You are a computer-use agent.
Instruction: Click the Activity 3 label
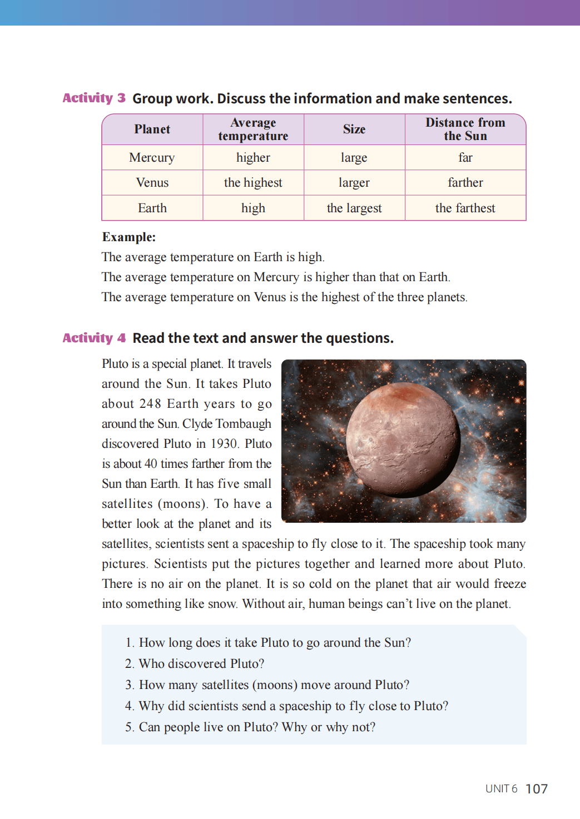click(93, 98)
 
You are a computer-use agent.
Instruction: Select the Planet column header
click(152, 129)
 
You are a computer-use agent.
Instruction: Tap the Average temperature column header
click(253, 129)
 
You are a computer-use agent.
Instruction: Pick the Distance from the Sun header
click(465, 129)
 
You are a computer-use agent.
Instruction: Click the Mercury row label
click(152, 158)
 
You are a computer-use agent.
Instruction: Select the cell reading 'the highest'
click(253, 183)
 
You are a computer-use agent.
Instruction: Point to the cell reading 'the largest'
click(354, 208)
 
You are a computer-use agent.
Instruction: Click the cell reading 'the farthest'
click(465, 208)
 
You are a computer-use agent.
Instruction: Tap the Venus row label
click(152, 183)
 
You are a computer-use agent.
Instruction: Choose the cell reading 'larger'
click(354, 183)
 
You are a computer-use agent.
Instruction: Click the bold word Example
click(128, 237)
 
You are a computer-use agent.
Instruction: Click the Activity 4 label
click(93, 338)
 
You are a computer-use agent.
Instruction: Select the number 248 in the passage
click(150, 404)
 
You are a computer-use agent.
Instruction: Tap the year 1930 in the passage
click(224, 444)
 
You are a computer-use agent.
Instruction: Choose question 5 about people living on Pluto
click(250, 727)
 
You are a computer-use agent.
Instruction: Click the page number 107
click(537, 789)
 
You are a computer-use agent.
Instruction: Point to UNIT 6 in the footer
click(501, 789)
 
